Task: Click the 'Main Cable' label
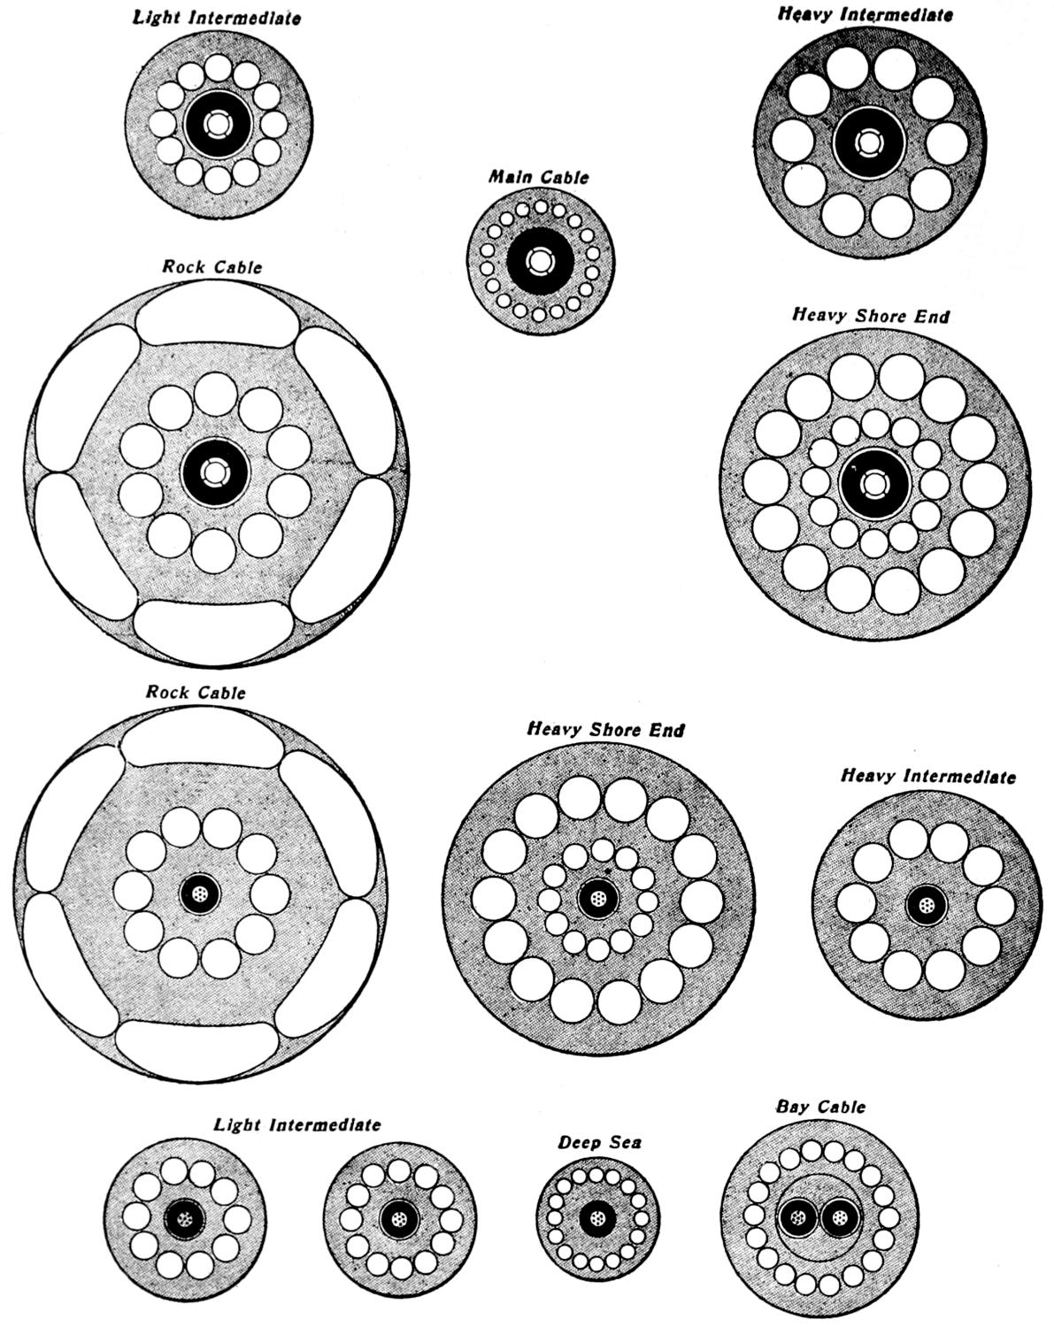pyautogui.click(x=539, y=177)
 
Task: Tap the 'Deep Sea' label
pyautogui.click(x=599, y=1142)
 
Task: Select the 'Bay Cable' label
pyautogui.click(x=820, y=1107)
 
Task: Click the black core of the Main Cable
pyautogui.click(x=540, y=263)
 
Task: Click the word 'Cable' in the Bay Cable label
pyautogui.click(x=841, y=1107)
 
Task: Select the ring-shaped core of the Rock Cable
pyautogui.click(x=214, y=471)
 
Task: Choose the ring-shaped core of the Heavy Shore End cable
pyautogui.click(x=874, y=484)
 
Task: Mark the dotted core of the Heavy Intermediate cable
pyautogui.click(x=927, y=907)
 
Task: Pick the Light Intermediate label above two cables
pyautogui.click(x=297, y=1124)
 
